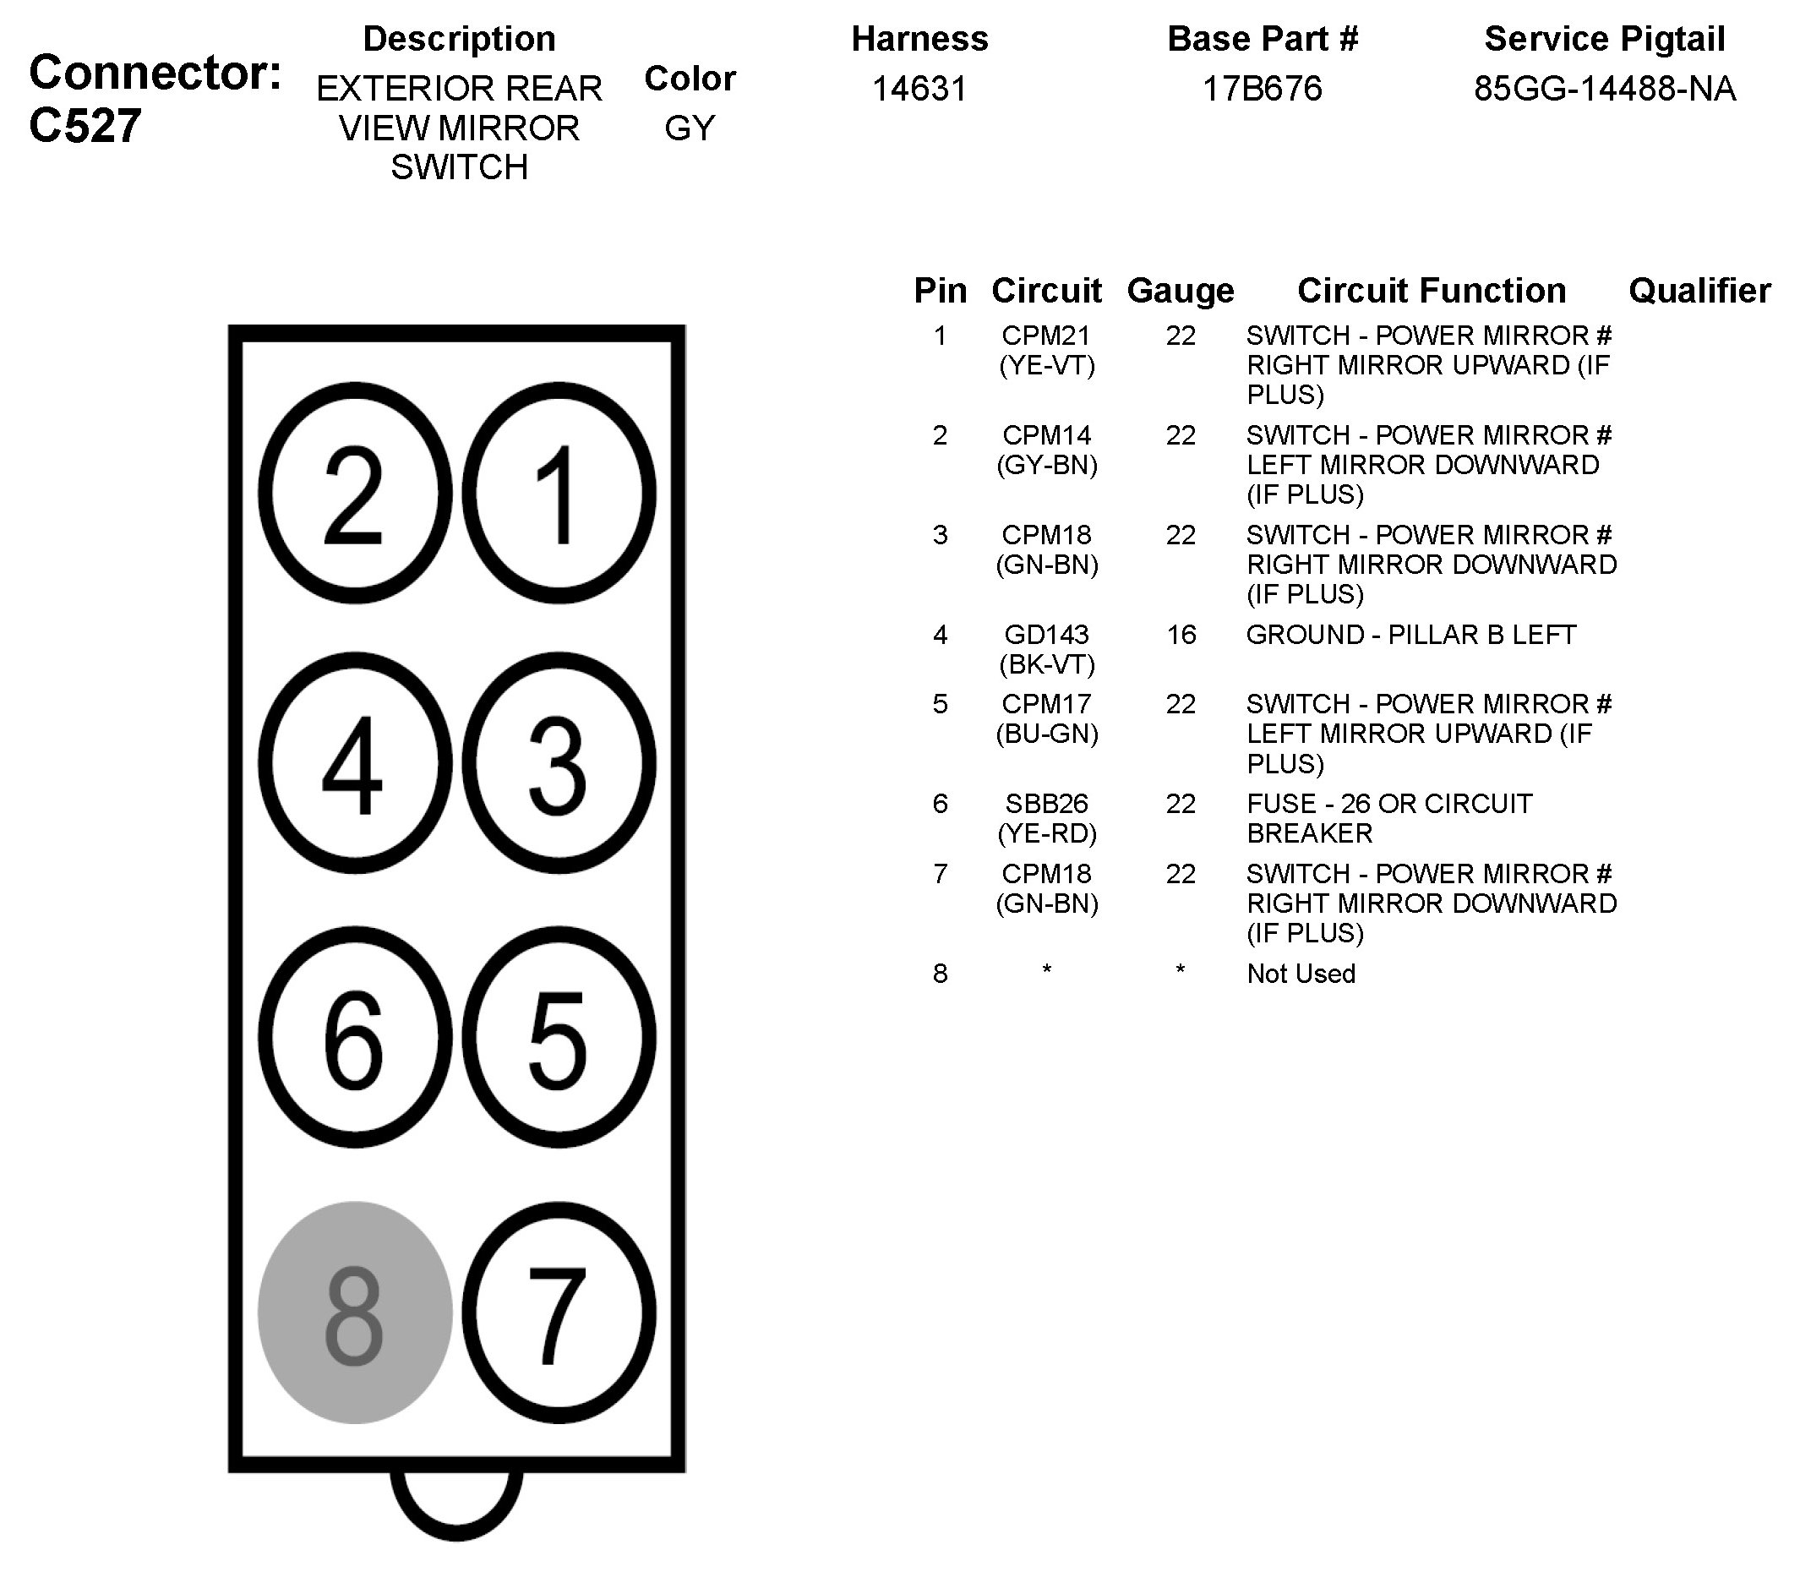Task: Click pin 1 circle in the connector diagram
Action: tap(559, 493)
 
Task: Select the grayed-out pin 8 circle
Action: tap(354, 1313)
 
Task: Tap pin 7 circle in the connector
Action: tap(559, 1313)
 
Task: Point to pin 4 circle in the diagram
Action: tap(354, 762)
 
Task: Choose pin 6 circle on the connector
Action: tap(354, 1037)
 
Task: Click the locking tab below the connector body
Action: tap(456, 1502)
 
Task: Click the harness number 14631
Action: tap(919, 89)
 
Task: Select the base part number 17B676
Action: tap(1263, 89)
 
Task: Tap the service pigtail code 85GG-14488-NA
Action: tap(1605, 89)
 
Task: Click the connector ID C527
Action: tap(85, 125)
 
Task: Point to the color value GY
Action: tap(690, 128)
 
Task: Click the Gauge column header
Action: tap(1180, 291)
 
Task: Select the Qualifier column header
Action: tap(1699, 291)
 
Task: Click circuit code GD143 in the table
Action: tap(1046, 634)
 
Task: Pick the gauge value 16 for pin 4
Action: tap(1181, 634)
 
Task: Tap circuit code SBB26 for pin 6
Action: tap(1046, 804)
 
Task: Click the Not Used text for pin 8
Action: tap(1301, 974)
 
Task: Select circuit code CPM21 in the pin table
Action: tap(1046, 335)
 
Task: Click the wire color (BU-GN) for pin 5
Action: tap(1046, 734)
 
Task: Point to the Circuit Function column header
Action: tap(1432, 291)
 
